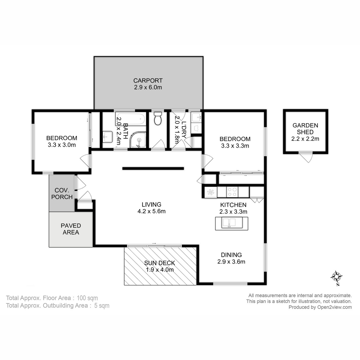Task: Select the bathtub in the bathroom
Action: point(131,119)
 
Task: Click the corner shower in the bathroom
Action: point(138,140)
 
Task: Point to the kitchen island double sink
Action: point(232,223)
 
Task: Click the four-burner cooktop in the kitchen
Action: point(232,192)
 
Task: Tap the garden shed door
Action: point(306,157)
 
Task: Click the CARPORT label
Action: point(148,80)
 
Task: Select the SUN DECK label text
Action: point(159,263)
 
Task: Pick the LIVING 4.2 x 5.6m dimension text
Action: point(151,211)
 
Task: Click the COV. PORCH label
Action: point(62,193)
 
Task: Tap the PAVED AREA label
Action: point(71,229)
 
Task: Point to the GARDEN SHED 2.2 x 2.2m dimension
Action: point(305,139)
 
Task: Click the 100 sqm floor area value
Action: point(87,298)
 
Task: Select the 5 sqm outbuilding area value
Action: point(101,306)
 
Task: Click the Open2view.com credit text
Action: point(320,307)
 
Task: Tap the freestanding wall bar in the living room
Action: point(153,169)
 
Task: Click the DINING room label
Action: point(231,255)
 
